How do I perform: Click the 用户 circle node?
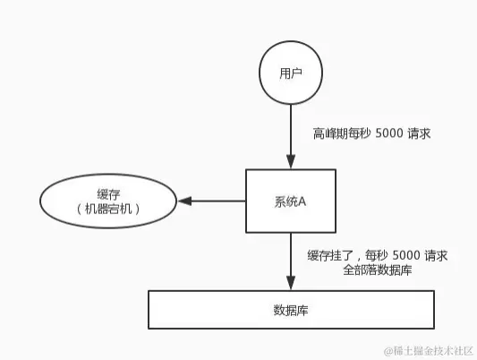tap(290, 72)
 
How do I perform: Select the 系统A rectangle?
tap(289, 201)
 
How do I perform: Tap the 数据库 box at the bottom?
tap(292, 310)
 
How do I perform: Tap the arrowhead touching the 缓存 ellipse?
tap(183, 201)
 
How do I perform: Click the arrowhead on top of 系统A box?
tap(290, 164)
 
